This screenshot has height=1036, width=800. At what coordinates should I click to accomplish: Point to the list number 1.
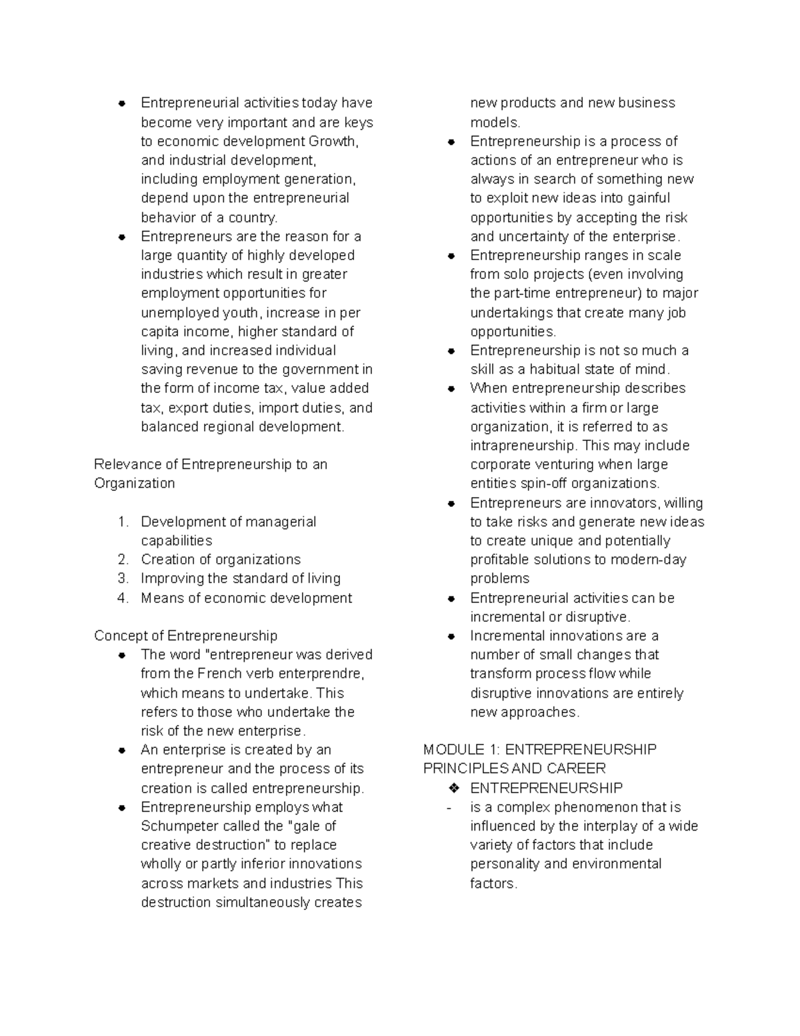123,522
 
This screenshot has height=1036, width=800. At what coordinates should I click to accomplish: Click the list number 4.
123,598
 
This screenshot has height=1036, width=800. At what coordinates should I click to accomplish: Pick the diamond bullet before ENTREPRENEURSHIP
454,788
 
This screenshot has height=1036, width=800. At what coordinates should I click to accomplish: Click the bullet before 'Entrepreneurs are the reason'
122,237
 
